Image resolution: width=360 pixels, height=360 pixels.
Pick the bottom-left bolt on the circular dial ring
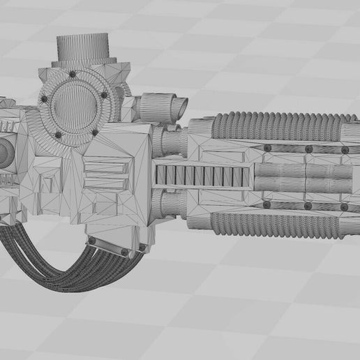59,135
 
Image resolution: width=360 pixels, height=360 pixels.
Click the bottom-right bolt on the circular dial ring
96,132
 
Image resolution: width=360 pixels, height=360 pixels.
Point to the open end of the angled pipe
180,107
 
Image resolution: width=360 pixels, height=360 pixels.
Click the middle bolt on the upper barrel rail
308,148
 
